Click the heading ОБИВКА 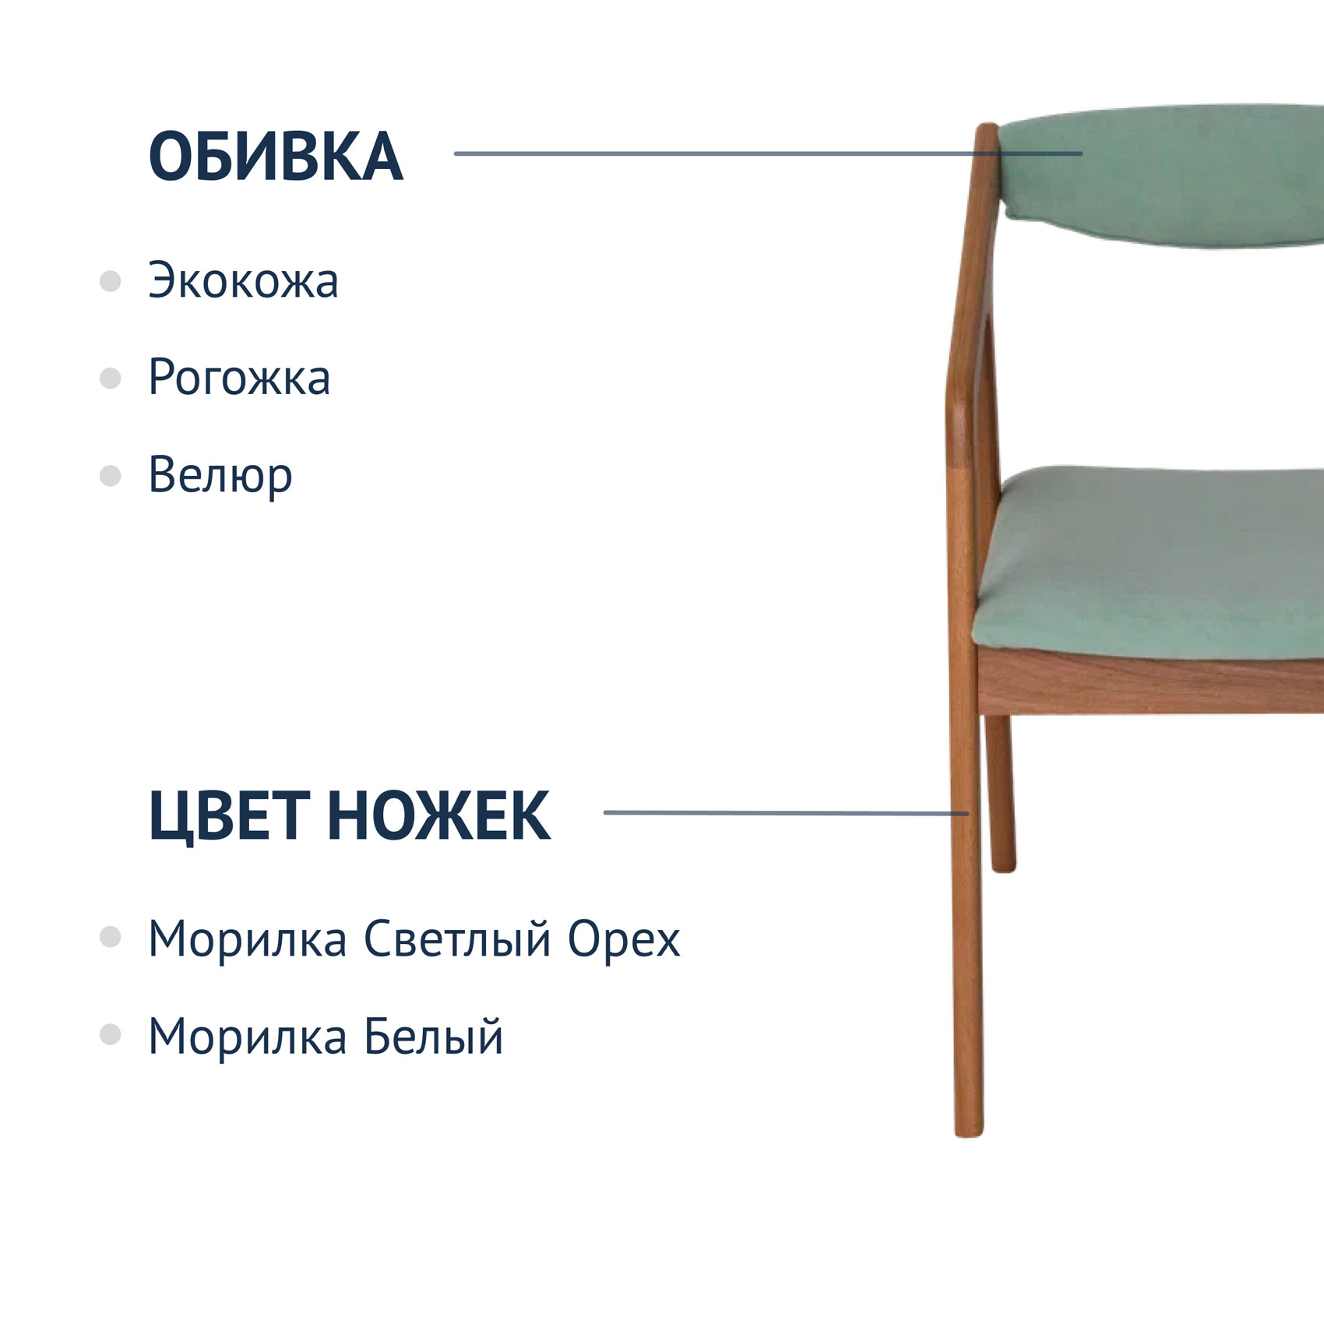tap(276, 157)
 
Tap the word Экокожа tap(243, 280)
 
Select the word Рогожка tap(239, 378)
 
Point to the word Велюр tap(220, 474)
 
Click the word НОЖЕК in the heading tap(438, 815)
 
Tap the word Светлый tap(458, 938)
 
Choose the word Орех tap(624, 939)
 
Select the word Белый tap(434, 1037)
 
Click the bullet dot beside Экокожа tap(111, 281)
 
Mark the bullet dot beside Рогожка tap(111, 379)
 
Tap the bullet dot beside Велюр tap(111, 475)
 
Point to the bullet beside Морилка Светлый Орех tap(111, 937)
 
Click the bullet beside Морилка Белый tap(111, 1035)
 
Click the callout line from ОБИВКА tap(768, 153)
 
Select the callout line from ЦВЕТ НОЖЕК tap(787, 813)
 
